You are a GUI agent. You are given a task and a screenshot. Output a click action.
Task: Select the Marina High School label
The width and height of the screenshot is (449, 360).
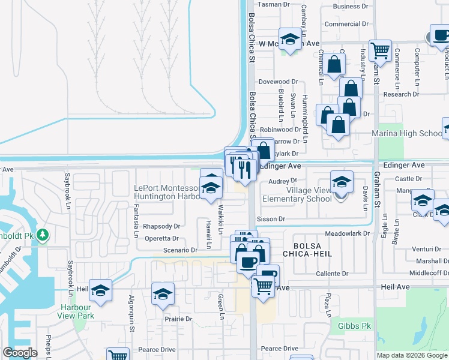coord(407,133)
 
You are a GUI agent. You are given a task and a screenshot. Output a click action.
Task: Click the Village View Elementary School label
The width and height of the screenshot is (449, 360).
coord(309,194)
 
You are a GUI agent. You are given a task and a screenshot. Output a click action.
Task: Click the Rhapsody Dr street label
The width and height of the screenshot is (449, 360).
coord(161,226)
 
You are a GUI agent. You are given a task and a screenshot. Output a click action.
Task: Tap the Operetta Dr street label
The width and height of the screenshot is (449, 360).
coord(162,238)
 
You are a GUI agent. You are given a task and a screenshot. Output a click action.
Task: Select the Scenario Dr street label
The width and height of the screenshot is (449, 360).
coord(180,250)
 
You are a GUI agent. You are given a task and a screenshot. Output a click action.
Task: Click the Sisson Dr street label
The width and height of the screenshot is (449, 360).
coord(270,219)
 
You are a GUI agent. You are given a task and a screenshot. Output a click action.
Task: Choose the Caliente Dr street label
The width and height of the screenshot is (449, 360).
coord(332,274)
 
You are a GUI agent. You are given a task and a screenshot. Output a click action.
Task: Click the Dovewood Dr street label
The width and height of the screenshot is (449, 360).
coord(278,82)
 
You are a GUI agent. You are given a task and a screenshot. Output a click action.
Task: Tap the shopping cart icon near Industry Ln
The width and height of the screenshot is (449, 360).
coord(380,52)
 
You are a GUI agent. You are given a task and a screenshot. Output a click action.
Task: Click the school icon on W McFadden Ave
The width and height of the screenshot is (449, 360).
coord(291,40)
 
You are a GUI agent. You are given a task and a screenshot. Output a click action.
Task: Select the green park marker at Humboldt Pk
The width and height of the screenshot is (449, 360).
coord(42,235)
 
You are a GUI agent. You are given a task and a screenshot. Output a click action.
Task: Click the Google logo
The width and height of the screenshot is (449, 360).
coord(20,353)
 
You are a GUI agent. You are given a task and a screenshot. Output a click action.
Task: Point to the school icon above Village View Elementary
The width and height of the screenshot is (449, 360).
coord(342,181)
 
